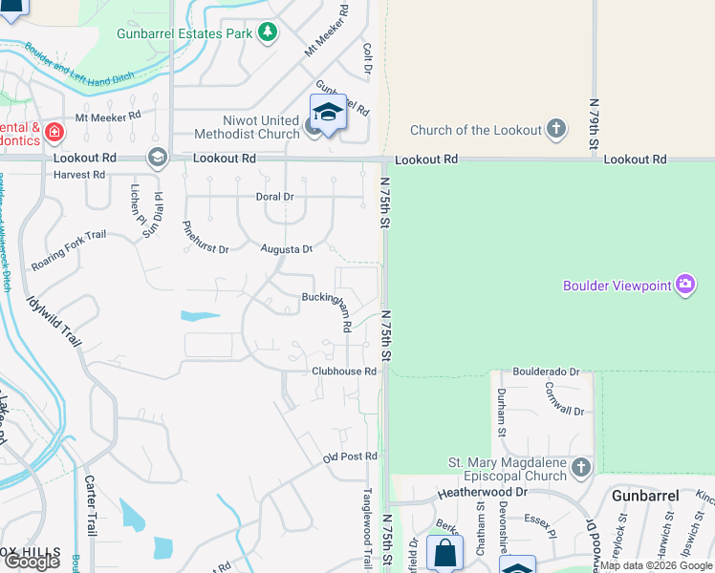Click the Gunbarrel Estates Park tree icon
click(269, 33)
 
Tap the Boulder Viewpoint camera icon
click(684, 285)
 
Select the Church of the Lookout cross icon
click(556, 130)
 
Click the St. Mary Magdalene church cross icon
click(581, 467)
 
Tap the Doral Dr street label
click(274, 196)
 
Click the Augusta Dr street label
click(287, 248)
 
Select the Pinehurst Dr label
click(206, 237)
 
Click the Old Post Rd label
click(350, 457)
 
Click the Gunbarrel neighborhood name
click(646, 496)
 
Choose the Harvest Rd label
click(79, 175)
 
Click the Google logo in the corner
click(32, 562)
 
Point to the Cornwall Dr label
click(564, 397)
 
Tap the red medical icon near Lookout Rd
click(54, 131)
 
